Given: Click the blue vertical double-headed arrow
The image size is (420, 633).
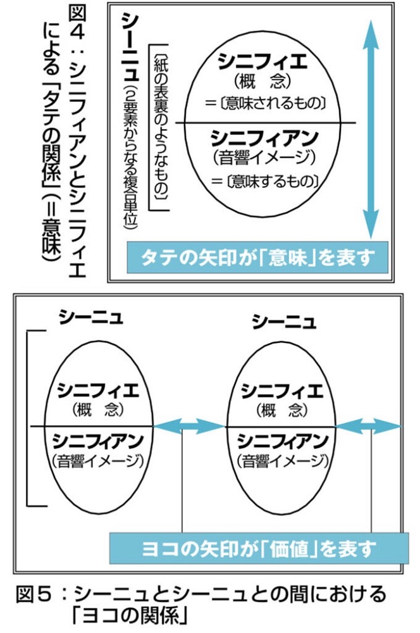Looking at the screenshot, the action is tap(371, 128).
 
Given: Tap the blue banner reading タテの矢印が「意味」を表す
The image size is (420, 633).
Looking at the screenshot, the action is tap(257, 258).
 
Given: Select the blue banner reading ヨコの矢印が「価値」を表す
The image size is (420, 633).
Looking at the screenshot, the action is tap(259, 548).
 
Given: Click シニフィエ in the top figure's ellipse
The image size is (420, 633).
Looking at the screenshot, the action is tap(262, 62).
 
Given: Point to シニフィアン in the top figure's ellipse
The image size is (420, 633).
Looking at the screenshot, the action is tap(264, 139).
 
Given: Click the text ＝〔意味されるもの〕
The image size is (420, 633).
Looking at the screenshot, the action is tap(265, 103).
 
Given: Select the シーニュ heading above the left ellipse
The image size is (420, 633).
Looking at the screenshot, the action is tap(90, 317).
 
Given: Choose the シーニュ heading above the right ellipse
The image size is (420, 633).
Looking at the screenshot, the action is tap(284, 322).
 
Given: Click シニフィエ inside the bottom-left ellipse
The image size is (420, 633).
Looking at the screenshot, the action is tap(98, 391).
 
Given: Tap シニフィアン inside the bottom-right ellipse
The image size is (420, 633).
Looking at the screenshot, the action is tap(282, 441).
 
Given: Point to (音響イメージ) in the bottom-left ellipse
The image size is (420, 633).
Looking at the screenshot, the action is tap(98, 461).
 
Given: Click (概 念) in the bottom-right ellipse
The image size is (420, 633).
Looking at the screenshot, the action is tap(282, 411).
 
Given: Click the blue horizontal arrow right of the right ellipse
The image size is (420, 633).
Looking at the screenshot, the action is tap(369, 426).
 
